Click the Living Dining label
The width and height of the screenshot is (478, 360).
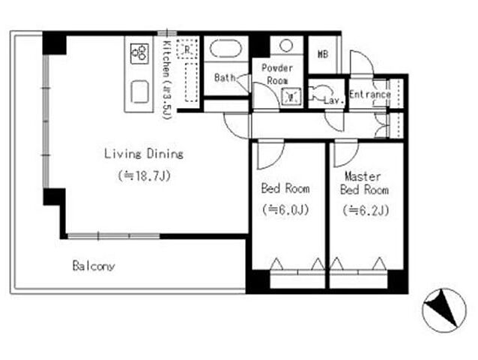[x=144, y=154]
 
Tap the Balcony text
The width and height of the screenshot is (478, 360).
[x=94, y=266]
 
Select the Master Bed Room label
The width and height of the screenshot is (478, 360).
[x=364, y=183]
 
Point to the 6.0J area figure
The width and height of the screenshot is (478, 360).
[x=285, y=209]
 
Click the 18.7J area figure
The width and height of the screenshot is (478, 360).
[x=144, y=175]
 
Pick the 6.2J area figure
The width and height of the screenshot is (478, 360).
[x=366, y=210]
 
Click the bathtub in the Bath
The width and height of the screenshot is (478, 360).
[x=226, y=49]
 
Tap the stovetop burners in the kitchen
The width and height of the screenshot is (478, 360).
[x=139, y=54]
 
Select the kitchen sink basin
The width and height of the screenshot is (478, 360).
[x=140, y=91]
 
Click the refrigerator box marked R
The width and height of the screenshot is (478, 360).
[x=187, y=49]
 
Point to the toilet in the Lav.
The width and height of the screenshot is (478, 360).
[x=319, y=92]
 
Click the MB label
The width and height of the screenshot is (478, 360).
[x=323, y=54]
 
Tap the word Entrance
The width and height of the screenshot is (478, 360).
[x=370, y=94]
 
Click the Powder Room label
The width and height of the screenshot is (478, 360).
[x=277, y=74]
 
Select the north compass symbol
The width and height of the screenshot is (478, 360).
[x=444, y=310]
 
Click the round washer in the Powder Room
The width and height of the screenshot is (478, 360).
[x=286, y=46]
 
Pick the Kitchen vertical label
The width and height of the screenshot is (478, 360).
[x=166, y=80]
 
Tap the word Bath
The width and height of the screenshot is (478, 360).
[x=225, y=77]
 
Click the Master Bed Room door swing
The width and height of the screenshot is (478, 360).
[x=346, y=154]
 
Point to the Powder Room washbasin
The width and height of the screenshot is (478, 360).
[x=291, y=97]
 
